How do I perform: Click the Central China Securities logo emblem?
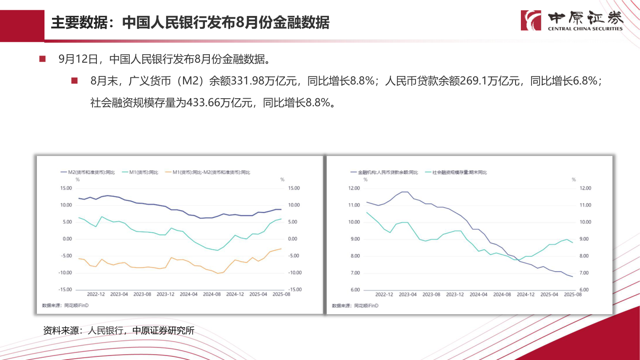tap(531, 20)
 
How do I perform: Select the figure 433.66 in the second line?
tap(203, 103)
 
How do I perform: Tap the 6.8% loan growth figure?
tap(580, 81)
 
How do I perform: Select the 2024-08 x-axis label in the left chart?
tap(212, 294)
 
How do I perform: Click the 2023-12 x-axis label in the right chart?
tap(455, 294)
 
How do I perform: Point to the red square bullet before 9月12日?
tap(43, 59)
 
